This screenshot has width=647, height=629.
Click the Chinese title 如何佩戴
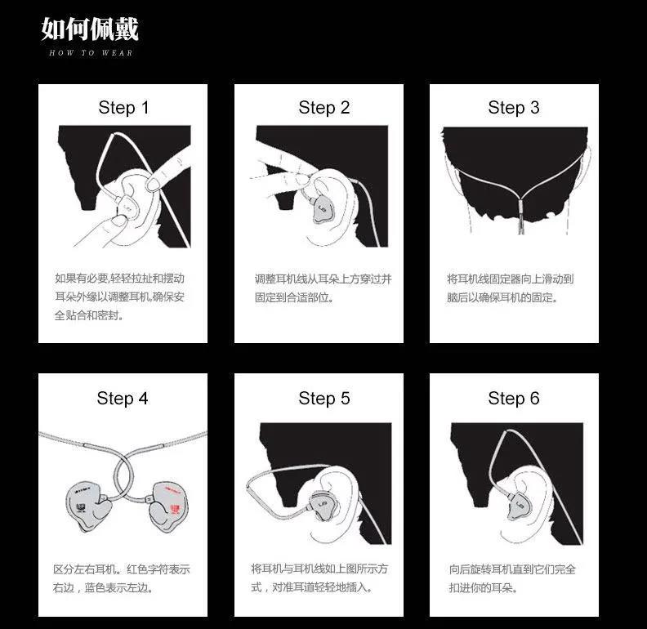90,29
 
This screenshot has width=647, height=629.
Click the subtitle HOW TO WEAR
91,53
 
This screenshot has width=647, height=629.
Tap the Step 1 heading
123,108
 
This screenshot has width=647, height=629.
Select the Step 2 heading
324,108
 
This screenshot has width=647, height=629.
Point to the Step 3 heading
514,108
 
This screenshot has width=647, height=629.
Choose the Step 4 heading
123,399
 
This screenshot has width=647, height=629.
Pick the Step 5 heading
324,399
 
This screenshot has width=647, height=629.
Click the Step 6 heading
514,399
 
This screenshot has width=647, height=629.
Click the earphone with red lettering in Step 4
168,506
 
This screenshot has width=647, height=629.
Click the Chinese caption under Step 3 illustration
510,288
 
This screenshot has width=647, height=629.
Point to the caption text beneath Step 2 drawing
323,288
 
